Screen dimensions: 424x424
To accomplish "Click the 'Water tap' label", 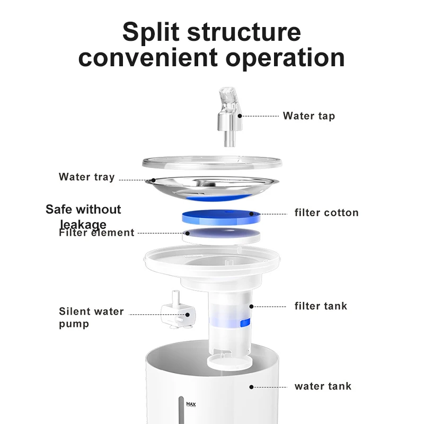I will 308,116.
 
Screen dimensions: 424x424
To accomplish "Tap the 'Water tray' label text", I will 86,177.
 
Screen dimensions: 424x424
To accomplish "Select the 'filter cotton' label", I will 326,213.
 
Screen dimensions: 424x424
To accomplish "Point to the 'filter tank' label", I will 321,306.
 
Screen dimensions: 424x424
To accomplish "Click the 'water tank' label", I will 323,386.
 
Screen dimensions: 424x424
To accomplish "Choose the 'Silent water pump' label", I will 91,317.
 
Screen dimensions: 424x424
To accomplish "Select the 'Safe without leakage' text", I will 83,216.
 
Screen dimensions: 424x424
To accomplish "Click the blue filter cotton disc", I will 221,216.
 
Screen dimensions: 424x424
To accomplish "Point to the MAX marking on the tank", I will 191,404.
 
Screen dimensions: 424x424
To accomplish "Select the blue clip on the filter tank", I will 245,323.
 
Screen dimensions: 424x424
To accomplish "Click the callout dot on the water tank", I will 251,387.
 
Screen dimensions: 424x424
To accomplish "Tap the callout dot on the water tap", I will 240,115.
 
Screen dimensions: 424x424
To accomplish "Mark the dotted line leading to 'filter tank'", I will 270,306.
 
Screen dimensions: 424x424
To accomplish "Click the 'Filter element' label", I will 96,233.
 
